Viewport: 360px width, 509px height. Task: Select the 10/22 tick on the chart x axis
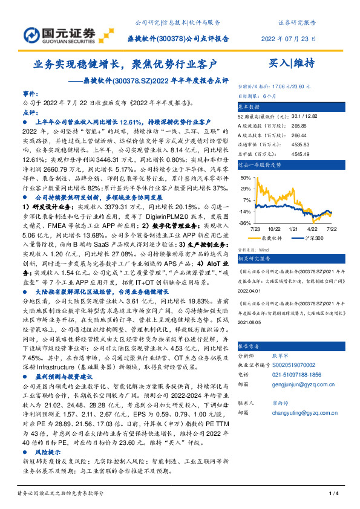[x=274, y=230]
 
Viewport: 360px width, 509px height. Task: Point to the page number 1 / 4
[x=332, y=494]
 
